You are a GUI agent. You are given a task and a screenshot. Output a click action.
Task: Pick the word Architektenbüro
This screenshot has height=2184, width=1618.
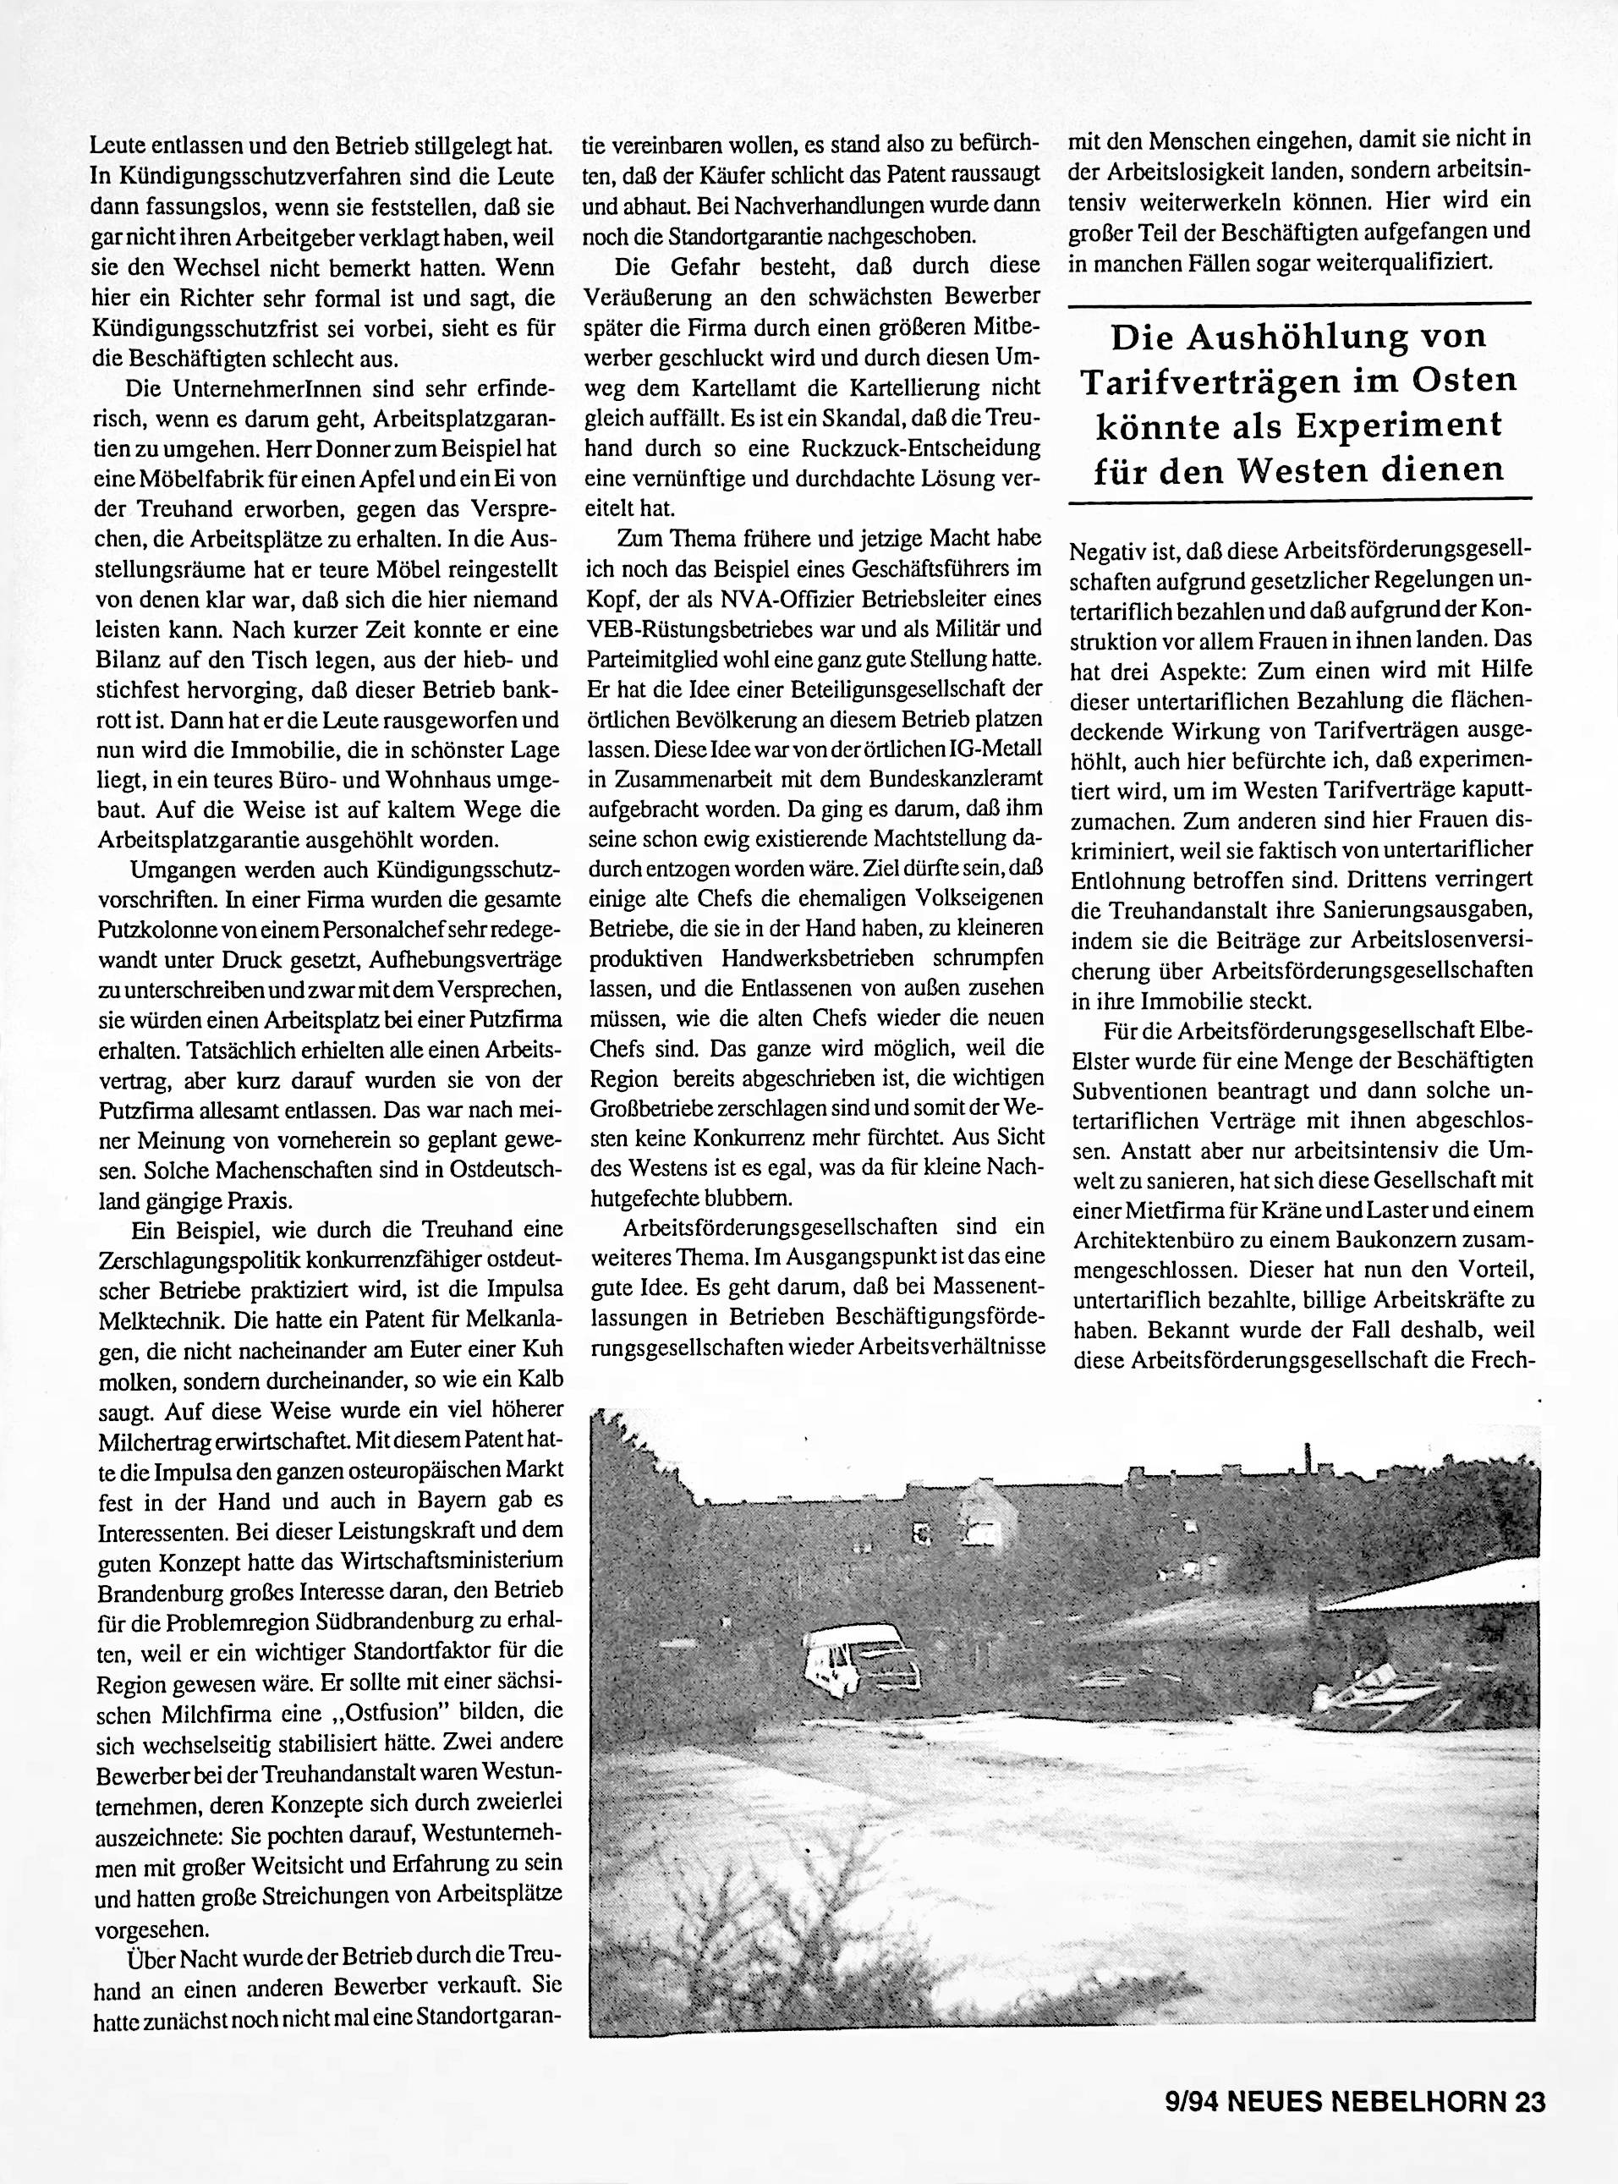[x=1149, y=1239]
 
